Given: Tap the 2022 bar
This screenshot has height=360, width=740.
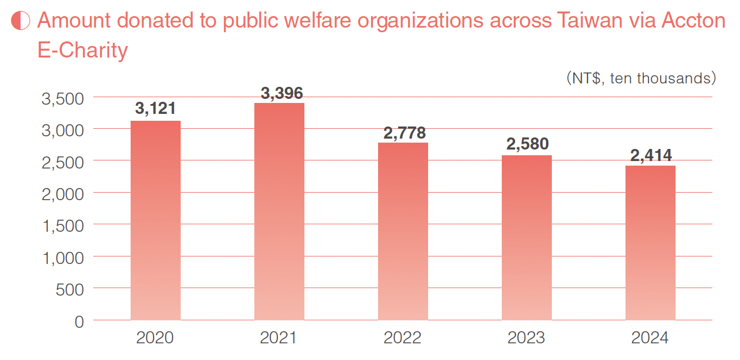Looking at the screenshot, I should point(403,231).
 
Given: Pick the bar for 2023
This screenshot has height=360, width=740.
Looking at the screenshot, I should point(527,238).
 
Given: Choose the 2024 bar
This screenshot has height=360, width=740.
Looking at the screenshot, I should point(650,243).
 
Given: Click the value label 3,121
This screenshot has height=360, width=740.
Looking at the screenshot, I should point(155,109).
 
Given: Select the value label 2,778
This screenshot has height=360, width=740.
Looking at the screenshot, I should point(405,133).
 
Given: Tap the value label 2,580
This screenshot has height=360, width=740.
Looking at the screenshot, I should point(528,144).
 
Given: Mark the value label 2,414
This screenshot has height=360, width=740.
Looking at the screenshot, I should point(651,155).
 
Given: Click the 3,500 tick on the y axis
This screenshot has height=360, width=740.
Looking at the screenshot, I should point(63,98).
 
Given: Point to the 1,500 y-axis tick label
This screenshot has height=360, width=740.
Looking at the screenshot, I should point(63,225).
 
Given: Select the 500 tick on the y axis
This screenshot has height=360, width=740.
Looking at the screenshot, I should point(70,289).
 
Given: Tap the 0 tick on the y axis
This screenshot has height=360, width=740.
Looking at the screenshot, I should point(79,321).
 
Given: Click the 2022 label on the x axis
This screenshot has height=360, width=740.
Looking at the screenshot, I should point(403,338).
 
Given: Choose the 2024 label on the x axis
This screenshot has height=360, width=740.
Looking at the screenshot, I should point(650,338).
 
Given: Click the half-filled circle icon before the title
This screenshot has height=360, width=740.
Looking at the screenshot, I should point(21,21).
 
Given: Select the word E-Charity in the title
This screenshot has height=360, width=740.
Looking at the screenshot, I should point(82,51).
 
